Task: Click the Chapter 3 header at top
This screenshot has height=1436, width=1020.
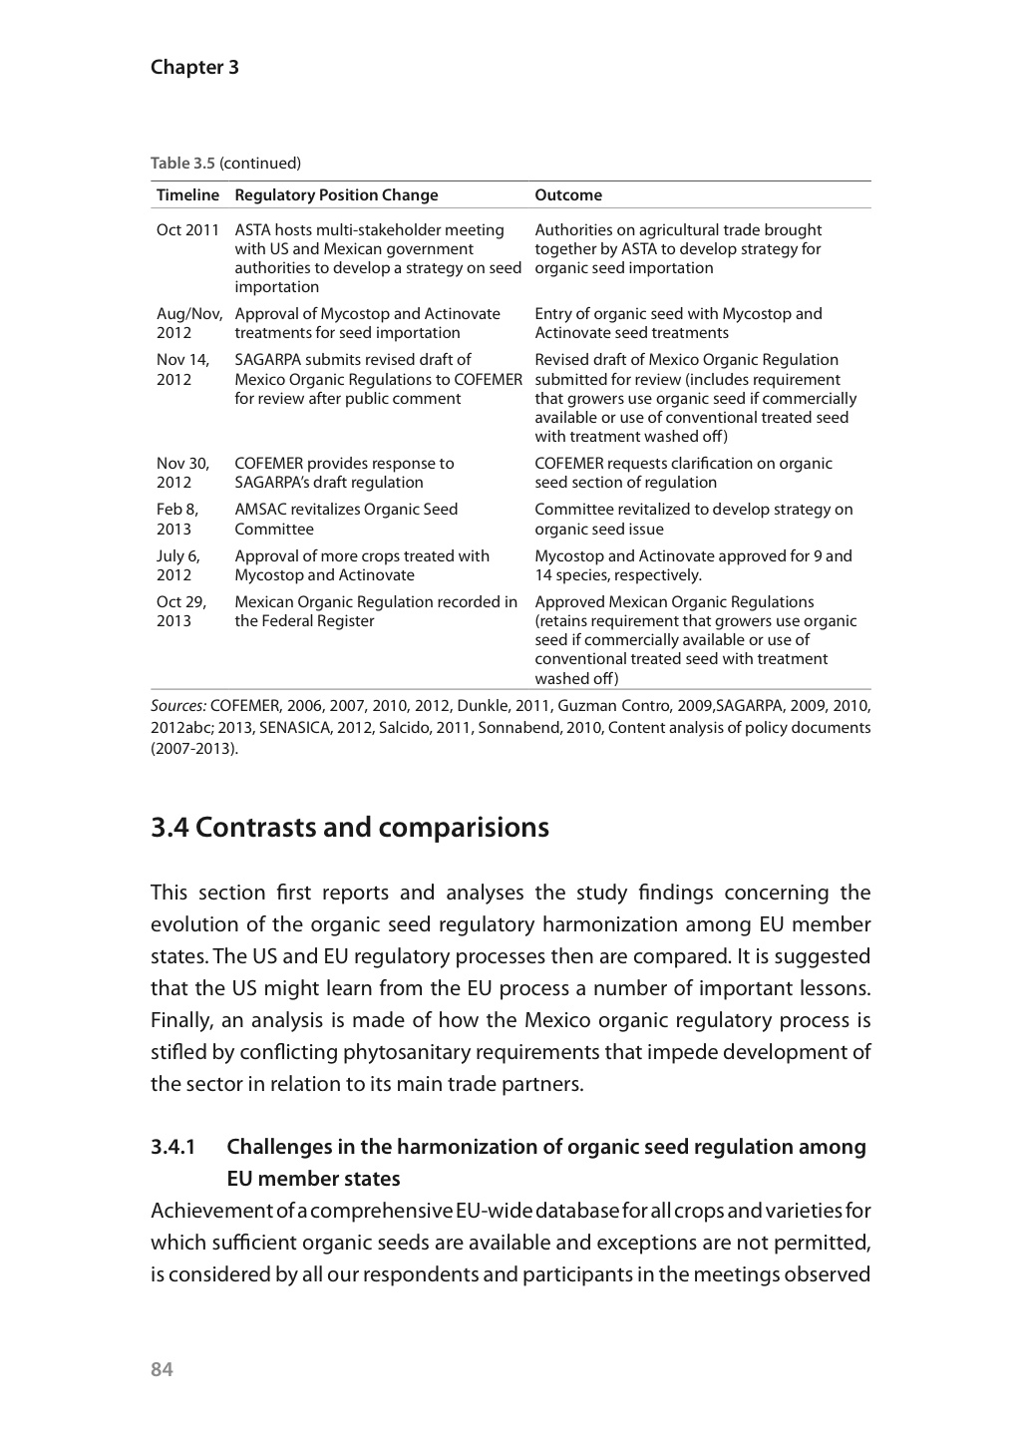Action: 194,68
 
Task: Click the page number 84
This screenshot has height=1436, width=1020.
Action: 162,1369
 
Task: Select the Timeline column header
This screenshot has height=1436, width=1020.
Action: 187,195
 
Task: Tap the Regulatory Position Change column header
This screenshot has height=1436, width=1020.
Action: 336,195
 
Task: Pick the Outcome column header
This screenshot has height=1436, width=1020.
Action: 568,195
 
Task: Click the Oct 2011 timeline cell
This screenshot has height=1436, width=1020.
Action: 187,230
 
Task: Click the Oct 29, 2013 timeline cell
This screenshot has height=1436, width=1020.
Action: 181,611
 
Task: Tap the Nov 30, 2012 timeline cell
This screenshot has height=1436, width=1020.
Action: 182,473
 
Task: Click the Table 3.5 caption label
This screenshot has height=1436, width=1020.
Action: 182,164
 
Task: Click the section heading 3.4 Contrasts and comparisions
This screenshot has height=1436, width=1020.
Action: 350,828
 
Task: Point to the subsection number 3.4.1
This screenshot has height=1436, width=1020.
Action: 173,1147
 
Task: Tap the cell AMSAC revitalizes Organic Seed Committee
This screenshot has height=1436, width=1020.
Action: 346,519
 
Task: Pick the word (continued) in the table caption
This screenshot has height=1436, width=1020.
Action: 260,164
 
